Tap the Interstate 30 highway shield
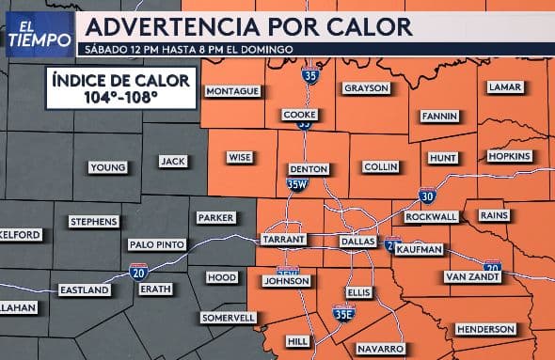pos(428,196)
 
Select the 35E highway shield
pos(343,313)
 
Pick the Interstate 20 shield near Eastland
pos(138,273)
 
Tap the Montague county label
pos(233,91)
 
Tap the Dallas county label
pos(357,241)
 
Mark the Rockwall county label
pos(431,216)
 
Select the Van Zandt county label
pos(470,276)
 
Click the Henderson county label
pos(485,329)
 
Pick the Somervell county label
pos(230,318)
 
